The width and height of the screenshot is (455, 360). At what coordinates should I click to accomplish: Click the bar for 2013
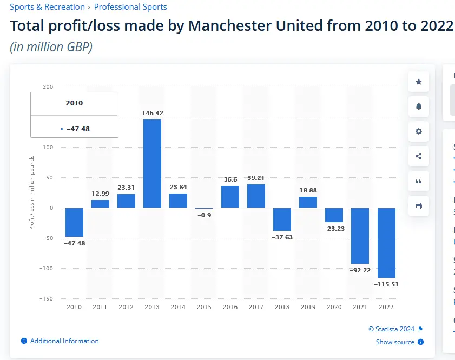point(152,163)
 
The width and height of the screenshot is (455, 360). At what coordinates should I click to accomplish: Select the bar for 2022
point(386,243)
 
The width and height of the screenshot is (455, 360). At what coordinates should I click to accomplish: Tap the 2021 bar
point(360,236)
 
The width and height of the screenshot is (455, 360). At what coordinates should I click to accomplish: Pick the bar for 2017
point(256,196)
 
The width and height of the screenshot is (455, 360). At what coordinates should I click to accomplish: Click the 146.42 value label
point(152,114)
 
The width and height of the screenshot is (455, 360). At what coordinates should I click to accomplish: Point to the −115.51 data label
point(386,284)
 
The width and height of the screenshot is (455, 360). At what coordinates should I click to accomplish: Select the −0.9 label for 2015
point(204,215)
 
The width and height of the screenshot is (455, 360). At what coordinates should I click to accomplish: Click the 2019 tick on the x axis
point(308,307)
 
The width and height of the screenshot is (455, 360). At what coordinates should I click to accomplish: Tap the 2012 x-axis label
point(126,307)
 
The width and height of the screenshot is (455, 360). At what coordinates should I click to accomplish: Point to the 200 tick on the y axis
point(48,87)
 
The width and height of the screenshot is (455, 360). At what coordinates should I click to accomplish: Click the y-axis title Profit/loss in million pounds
point(31,192)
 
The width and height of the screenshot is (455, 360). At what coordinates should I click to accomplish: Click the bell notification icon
point(419,106)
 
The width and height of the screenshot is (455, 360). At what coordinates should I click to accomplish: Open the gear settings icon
point(419,131)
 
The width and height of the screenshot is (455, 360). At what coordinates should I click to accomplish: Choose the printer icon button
point(419,206)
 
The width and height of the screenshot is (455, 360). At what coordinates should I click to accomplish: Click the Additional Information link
point(64,341)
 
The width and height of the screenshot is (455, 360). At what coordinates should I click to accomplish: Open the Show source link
point(395,342)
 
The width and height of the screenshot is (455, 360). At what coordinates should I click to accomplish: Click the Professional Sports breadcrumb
point(130,7)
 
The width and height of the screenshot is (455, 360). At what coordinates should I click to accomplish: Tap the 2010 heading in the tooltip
point(74,103)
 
